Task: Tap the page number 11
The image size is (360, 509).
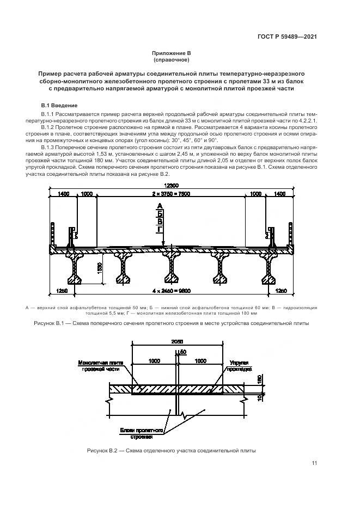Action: point(314,463)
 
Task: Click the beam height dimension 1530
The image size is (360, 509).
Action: point(100,268)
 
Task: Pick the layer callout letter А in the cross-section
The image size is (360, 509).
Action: point(160,206)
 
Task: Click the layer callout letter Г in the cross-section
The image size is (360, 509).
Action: point(160,230)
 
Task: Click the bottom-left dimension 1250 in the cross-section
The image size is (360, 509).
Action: point(62,292)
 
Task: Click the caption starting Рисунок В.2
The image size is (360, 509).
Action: point(170,450)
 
